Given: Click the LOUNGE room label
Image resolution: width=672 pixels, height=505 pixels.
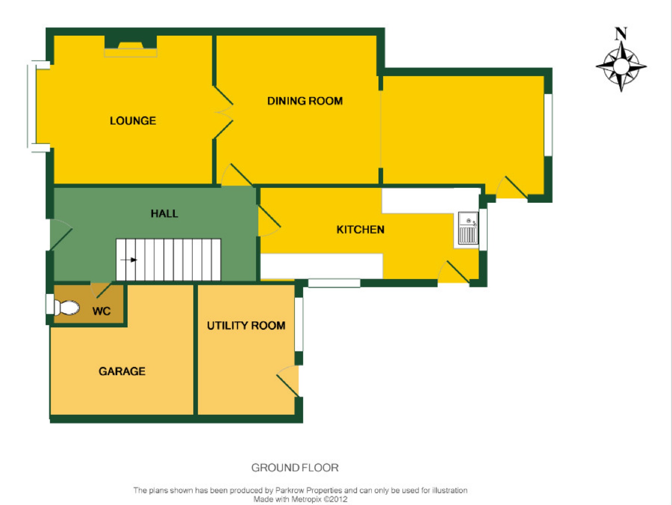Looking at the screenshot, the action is [x=133, y=121].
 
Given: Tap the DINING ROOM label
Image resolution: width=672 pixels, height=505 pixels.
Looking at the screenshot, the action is [x=305, y=101].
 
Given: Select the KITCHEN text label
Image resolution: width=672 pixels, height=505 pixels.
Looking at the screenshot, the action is [x=360, y=229].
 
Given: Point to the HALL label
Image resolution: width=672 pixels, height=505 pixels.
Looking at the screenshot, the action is [x=164, y=214].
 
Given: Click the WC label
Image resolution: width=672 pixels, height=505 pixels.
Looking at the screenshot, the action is [x=102, y=311].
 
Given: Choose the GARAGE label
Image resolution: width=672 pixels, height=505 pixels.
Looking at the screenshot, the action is [x=122, y=371].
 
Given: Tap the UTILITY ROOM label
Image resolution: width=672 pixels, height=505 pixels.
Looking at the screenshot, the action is [x=246, y=326].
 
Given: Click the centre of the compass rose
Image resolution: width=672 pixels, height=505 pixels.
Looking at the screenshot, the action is [x=621, y=66].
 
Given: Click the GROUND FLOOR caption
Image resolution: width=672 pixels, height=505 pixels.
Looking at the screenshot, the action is [x=295, y=468].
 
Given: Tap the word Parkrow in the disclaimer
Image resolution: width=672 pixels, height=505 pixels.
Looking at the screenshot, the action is [x=290, y=490].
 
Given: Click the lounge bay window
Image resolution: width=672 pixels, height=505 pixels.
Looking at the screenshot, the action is [x=32, y=106].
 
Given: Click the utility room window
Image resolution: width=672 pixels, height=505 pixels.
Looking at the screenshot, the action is [x=299, y=324].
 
